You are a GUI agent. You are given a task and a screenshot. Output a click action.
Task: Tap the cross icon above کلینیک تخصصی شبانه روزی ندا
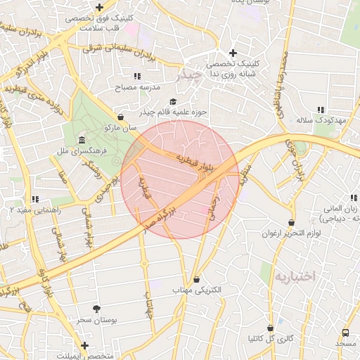pyautogui.click(x=233, y=53)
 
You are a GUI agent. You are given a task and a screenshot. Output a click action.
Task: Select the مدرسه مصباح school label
pyautogui.click(x=139, y=87)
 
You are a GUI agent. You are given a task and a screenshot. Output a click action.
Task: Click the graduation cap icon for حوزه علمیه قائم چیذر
pyautogui.click(x=173, y=102)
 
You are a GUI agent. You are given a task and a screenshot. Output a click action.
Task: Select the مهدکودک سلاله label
pyautogui.click(x=322, y=120)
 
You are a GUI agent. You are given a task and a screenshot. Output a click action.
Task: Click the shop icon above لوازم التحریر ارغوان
pyautogui.click(x=291, y=223)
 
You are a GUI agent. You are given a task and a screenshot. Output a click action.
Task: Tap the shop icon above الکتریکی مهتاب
pyautogui.click(x=196, y=279)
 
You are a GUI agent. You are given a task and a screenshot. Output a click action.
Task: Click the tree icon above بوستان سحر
pyautogui.click(x=96, y=309)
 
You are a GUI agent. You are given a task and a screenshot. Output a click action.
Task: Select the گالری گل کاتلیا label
pyautogui.click(x=271, y=338)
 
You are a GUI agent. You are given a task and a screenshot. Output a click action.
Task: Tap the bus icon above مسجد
pyautogui.click(x=345, y=333)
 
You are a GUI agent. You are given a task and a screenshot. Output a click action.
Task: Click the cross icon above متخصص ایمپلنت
pyautogui.click(x=85, y=345)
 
